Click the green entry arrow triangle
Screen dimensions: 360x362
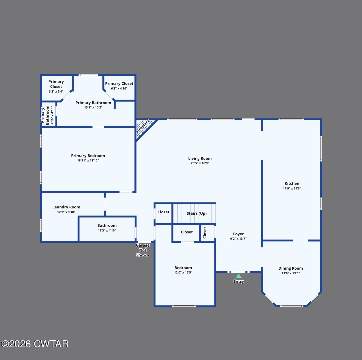click(239, 276)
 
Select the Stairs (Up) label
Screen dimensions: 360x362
click(197, 213)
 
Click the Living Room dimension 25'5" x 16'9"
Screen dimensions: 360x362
click(200, 163)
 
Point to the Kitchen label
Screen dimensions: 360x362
click(292, 183)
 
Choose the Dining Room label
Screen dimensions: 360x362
click(290, 268)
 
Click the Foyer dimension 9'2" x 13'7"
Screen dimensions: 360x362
click(238, 239)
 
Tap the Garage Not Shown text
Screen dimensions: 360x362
click(143, 250)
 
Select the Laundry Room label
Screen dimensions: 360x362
click(66, 207)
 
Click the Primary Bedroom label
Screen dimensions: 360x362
click(88, 156)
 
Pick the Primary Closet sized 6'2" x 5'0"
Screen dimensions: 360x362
click(56, 86)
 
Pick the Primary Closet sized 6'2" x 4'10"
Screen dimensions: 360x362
click(119, 85)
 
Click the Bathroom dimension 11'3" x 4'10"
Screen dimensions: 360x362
click(107, 230)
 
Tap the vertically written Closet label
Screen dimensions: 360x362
click(205, 233)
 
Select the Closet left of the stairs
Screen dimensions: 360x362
click(163, 212)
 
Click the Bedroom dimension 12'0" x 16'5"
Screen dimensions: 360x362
click(183, 272)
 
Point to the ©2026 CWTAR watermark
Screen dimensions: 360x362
click(35, 344)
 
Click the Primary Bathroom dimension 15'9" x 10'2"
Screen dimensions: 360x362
click(93, 107)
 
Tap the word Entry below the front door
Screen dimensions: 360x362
click(239, 281)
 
